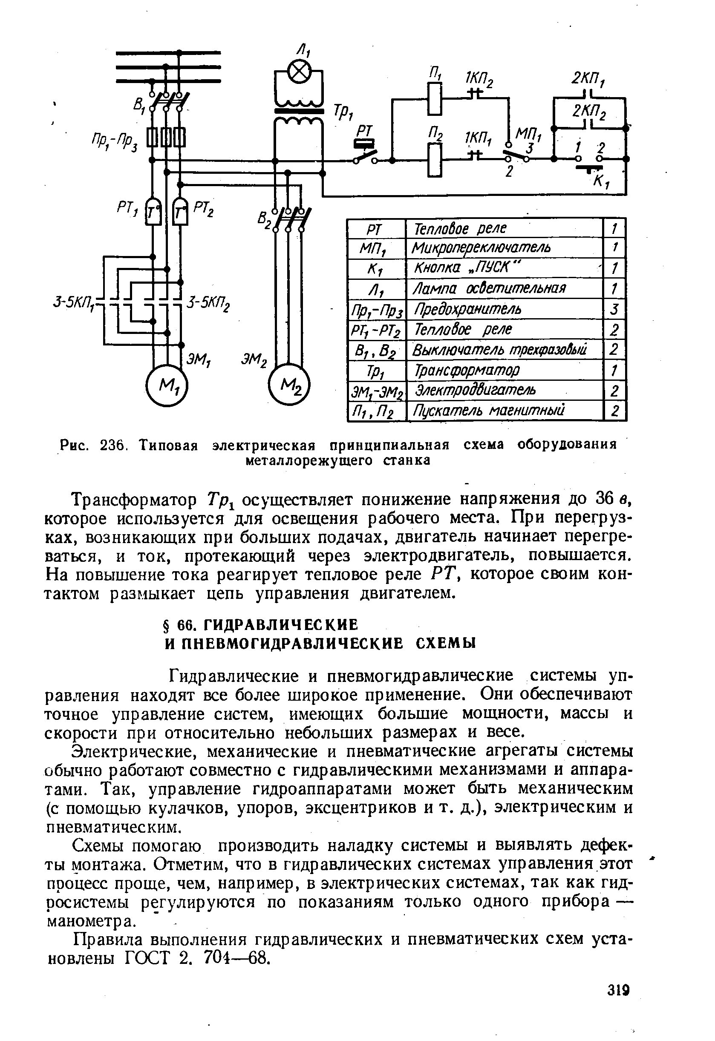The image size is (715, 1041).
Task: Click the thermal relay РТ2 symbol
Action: (181, 211)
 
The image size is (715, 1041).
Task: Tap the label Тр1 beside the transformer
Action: (341, 114)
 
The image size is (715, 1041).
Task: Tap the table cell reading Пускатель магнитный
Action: (488, 410)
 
